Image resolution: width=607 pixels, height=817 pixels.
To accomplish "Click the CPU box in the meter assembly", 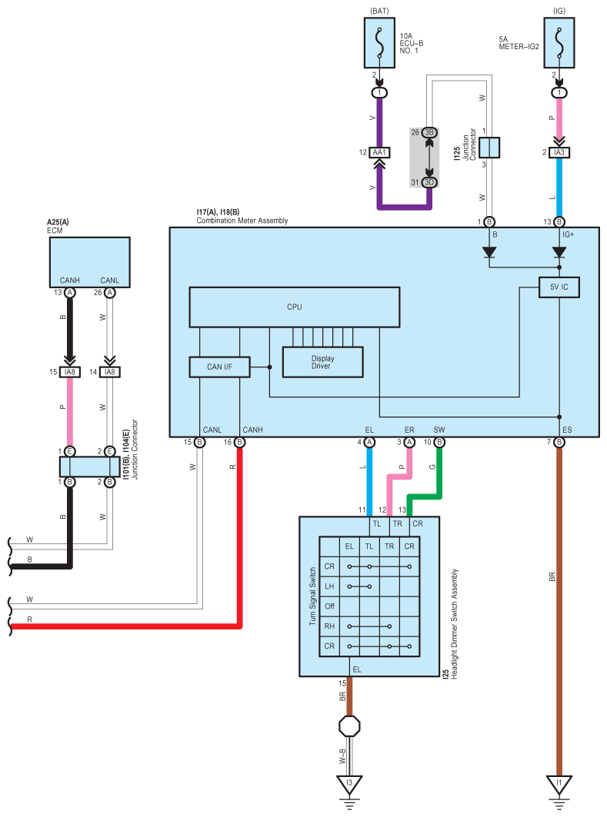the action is tap(294, 307).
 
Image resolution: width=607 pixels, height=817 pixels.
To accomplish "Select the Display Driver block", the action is tap(322, 362).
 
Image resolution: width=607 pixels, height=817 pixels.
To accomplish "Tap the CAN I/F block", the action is tap(219, 367).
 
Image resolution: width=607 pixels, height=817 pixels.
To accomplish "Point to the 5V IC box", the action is tap(559, 287).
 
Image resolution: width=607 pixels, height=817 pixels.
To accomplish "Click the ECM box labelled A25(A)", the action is tap(90, 262).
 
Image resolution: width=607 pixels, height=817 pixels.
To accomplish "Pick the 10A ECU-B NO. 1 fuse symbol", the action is tap(379, 43).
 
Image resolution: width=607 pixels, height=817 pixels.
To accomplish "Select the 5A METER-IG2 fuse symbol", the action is tap(559, 43).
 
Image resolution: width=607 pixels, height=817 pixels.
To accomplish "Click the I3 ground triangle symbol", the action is tap(349, 784).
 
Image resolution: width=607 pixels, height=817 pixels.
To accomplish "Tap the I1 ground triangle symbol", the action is tap(559, 784).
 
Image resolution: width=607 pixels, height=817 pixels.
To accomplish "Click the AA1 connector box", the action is tap(379, 152).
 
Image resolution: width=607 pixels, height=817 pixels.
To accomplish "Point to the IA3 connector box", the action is tap(559, 152).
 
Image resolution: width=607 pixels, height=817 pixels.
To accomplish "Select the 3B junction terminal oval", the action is tap(429, 132).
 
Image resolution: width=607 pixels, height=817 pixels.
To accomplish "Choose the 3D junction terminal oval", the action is tap(429, 182).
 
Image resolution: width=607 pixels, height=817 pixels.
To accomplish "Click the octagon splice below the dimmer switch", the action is tap(349, 726).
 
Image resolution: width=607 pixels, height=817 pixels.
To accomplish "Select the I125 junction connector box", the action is tap(489, 148).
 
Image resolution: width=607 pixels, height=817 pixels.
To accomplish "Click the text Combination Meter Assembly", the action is tap(242, 221).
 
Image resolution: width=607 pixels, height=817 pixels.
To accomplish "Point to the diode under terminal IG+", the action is tap(559, 253).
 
